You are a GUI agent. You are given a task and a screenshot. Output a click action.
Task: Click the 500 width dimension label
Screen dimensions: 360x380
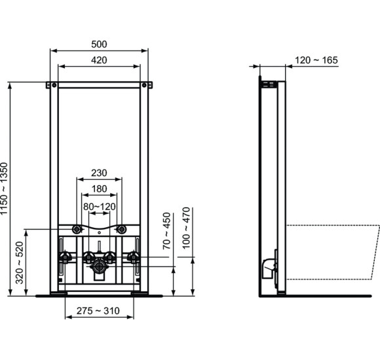pos(99,45)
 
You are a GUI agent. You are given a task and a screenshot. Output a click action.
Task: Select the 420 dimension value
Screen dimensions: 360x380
pos(99,60)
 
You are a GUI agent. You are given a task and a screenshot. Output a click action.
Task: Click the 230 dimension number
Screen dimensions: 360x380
pos(99,173)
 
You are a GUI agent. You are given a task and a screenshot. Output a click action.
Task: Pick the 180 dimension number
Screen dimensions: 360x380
pos(99,189)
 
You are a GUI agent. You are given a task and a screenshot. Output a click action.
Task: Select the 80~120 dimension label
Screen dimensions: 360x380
pos(99,206)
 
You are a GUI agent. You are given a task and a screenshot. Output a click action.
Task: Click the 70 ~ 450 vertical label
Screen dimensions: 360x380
pos(167,230)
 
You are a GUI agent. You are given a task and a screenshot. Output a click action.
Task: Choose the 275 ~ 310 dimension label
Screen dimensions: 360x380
pos(100,310)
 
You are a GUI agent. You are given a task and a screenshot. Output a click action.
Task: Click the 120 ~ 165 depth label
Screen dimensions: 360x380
pos(316,60)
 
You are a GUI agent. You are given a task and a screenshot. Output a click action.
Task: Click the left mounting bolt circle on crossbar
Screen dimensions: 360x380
pos(77,230)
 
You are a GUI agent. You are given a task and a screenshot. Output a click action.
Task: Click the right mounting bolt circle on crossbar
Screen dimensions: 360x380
pos(121,230)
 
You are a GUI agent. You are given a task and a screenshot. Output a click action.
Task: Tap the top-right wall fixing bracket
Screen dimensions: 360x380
pos(147,85)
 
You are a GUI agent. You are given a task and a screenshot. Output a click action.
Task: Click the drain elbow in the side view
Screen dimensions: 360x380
pos(267,266)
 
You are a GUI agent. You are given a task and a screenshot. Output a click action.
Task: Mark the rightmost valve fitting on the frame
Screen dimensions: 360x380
pos(135,257)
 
